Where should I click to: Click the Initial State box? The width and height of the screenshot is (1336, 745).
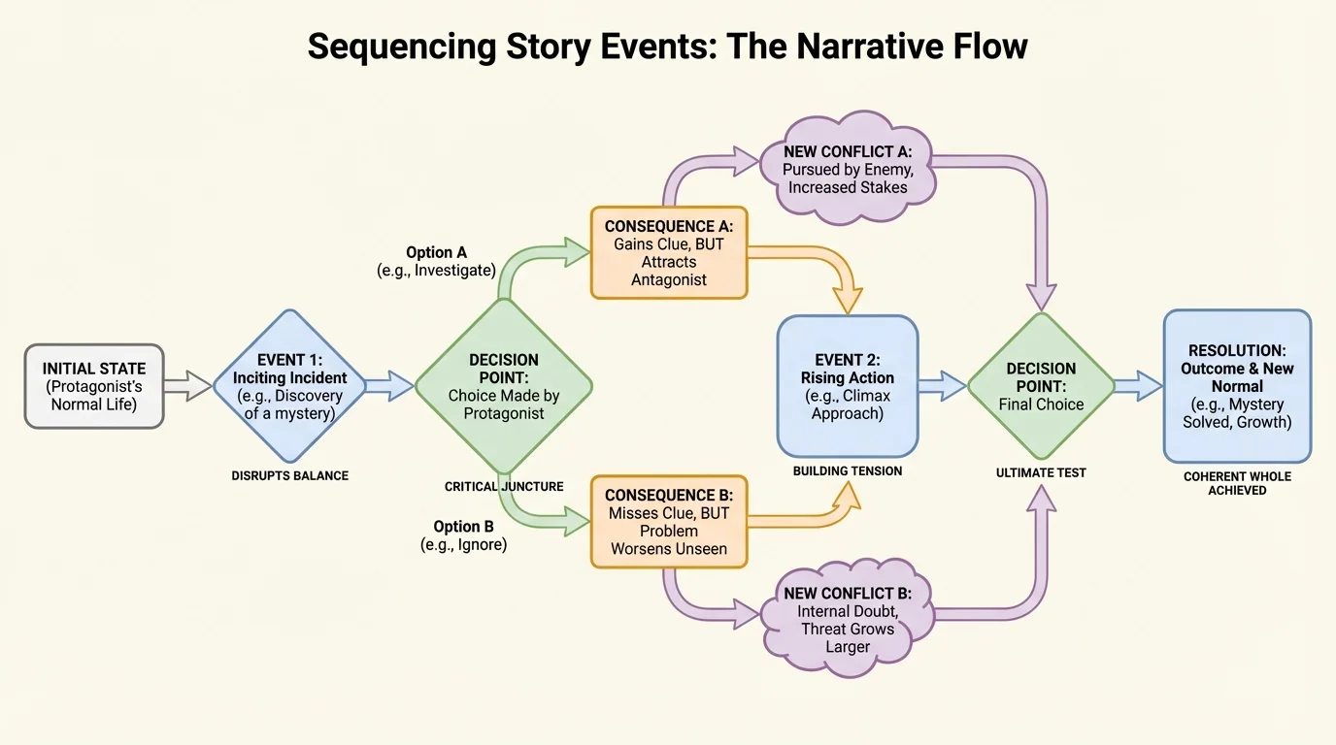pos(94,386)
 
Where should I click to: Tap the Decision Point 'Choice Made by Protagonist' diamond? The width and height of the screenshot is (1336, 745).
pos(504,386)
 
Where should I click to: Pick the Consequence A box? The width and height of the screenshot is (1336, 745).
pos(669,252)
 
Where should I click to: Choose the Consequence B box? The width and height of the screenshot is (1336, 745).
pos(669,521)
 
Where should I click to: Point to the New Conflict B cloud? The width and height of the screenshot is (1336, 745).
pos(848,619)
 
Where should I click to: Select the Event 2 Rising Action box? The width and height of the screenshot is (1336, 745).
pos(848,386)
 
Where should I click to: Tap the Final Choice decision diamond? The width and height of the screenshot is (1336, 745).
pos(1041,386)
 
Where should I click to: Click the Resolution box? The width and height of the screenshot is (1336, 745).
pos(1237,386)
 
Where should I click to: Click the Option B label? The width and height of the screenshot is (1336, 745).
pos(463,535)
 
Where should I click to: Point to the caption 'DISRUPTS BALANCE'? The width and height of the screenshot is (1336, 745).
pos(290,476)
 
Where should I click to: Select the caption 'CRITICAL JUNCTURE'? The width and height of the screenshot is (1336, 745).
pos(504,487)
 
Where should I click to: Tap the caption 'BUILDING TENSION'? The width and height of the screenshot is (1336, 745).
pos(848,471)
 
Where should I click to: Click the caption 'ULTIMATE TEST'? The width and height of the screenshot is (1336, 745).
pos(1041,473)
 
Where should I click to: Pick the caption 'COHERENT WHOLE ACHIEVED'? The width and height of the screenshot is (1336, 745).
pos(1237,484)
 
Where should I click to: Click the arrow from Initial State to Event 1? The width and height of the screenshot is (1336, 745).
pos(187,386)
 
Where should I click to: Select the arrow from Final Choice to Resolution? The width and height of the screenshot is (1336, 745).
pos(1138,386)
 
